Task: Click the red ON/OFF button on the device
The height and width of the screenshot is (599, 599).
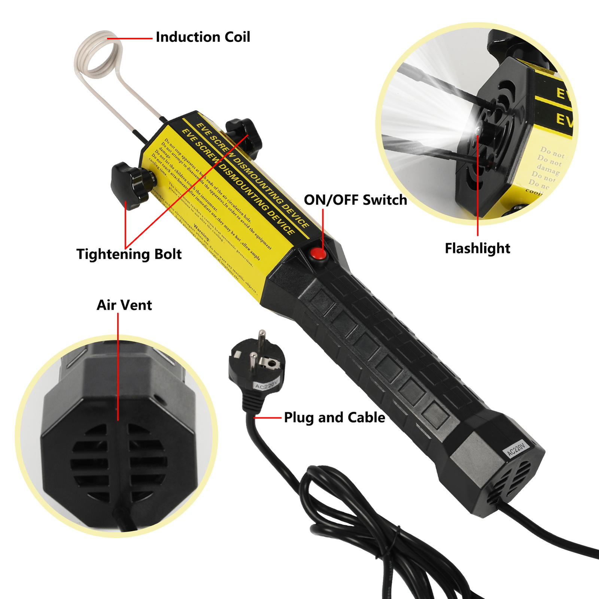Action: [x=318, y=254]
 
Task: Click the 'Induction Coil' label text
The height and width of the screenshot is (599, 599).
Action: [x=203, y=37]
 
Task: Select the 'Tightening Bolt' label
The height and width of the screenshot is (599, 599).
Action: [x=129, y=254]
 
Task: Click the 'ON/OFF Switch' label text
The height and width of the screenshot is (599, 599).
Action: [x=355, y=200]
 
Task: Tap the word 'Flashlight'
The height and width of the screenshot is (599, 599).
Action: [x=477, y=248]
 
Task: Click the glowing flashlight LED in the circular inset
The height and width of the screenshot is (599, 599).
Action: [x=479, y=129]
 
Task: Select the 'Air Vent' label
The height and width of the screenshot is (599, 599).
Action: [x=124, y=305]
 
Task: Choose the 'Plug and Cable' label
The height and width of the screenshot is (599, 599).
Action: [x=334, y=417]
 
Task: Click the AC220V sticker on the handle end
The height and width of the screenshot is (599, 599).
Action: [x=517, y=449]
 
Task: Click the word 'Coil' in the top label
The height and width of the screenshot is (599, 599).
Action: [x=237, y=37]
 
